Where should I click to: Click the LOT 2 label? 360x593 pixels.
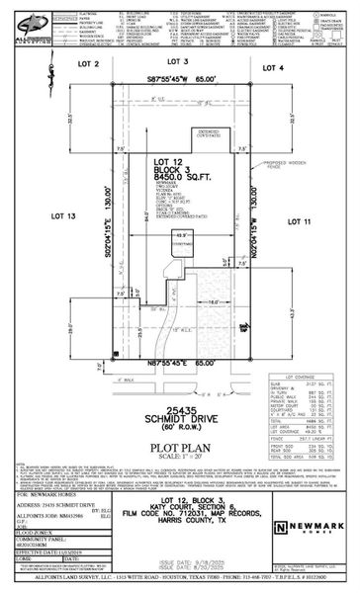97,64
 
